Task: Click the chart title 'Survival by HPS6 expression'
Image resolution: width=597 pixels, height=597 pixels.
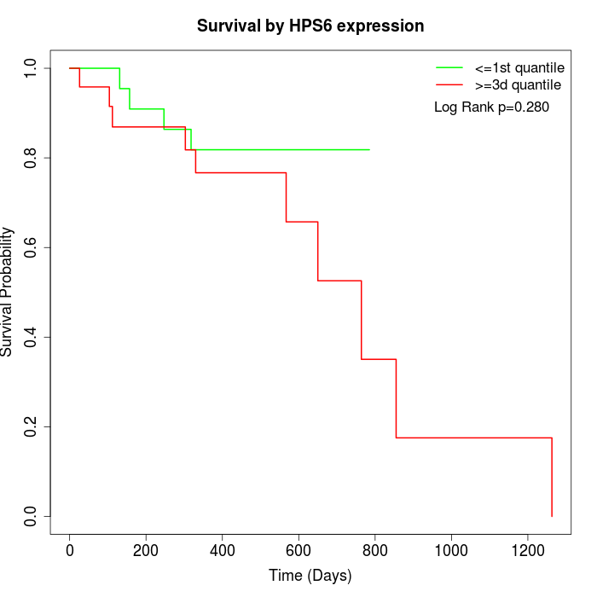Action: click(310, 26)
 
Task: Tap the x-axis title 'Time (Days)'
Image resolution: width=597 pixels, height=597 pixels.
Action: click(310, 576)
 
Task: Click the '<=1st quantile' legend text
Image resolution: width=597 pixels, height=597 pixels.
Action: click(519, 67)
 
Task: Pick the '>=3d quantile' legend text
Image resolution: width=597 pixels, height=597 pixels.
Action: click(518, 85)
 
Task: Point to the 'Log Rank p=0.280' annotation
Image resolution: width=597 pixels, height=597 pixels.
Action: click(491, 107)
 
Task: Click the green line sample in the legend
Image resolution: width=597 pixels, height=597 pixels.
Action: click(449, 67)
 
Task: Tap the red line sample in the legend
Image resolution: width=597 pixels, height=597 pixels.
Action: click(449, 85)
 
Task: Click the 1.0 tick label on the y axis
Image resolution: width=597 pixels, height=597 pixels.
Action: click(31, 68)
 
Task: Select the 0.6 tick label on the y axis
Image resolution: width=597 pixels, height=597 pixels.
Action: click(31, 247)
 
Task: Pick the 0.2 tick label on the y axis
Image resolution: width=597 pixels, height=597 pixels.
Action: click(31, 426)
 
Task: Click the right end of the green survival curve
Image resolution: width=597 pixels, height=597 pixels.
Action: click(369, 149)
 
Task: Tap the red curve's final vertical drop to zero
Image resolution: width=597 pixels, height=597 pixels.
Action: click(552, 478)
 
